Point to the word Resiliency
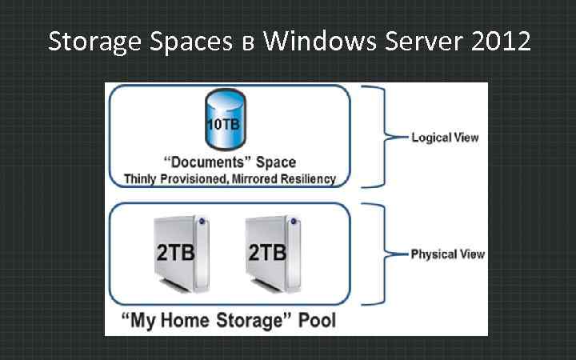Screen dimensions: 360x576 pyautogui.click(x=309, y=179)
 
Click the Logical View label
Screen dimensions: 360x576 pyautogui.click(x=445, y=137)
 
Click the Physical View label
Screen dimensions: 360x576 pyautogui.click(x=447, y=254)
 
